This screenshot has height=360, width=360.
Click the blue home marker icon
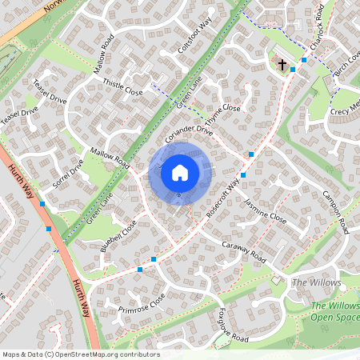180,172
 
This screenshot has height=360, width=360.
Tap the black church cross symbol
282,63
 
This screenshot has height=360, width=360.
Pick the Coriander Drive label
189,134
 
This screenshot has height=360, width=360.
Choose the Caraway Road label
243,249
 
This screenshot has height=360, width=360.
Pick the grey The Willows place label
316,283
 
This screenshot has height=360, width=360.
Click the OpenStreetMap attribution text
81,354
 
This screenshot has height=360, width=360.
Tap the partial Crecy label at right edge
346,107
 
